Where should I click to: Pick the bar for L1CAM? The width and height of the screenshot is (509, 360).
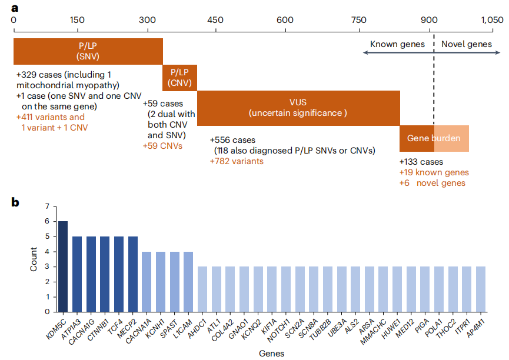(x=188, y=282)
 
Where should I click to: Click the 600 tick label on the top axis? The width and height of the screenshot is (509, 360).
(x=285, y=19)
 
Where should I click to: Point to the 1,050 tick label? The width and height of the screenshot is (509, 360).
(x=492, y=19)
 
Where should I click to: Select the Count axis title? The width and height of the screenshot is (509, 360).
(x=34, y=259)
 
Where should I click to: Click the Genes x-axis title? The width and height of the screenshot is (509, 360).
(x=272, y=354)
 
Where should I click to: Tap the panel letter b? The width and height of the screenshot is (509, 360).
(x=16, y=202)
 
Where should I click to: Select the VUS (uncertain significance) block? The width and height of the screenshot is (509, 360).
(x=298, y=108)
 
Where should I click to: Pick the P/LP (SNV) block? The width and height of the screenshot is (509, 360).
(x=88, y=51)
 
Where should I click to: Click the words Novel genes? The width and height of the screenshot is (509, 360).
(x=466, y=44)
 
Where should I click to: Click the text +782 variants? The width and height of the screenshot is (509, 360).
(x=237, y=161)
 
